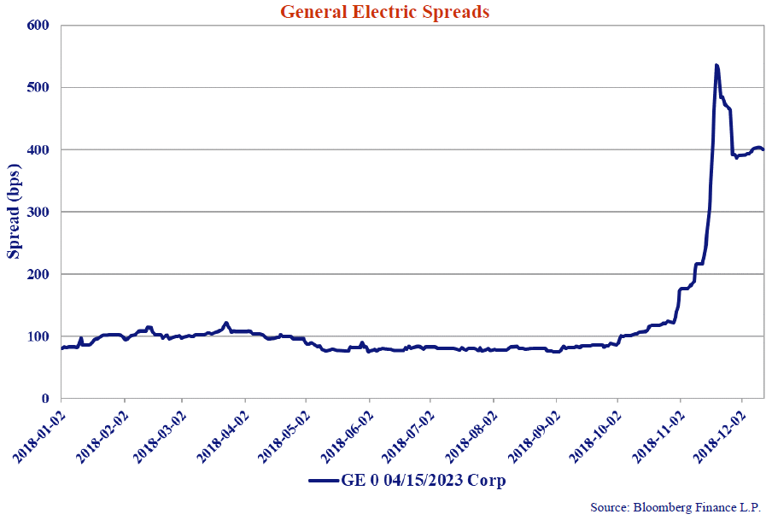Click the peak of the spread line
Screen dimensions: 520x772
(x=716, y=66)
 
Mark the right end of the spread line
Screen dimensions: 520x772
(x=763, y=149)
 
